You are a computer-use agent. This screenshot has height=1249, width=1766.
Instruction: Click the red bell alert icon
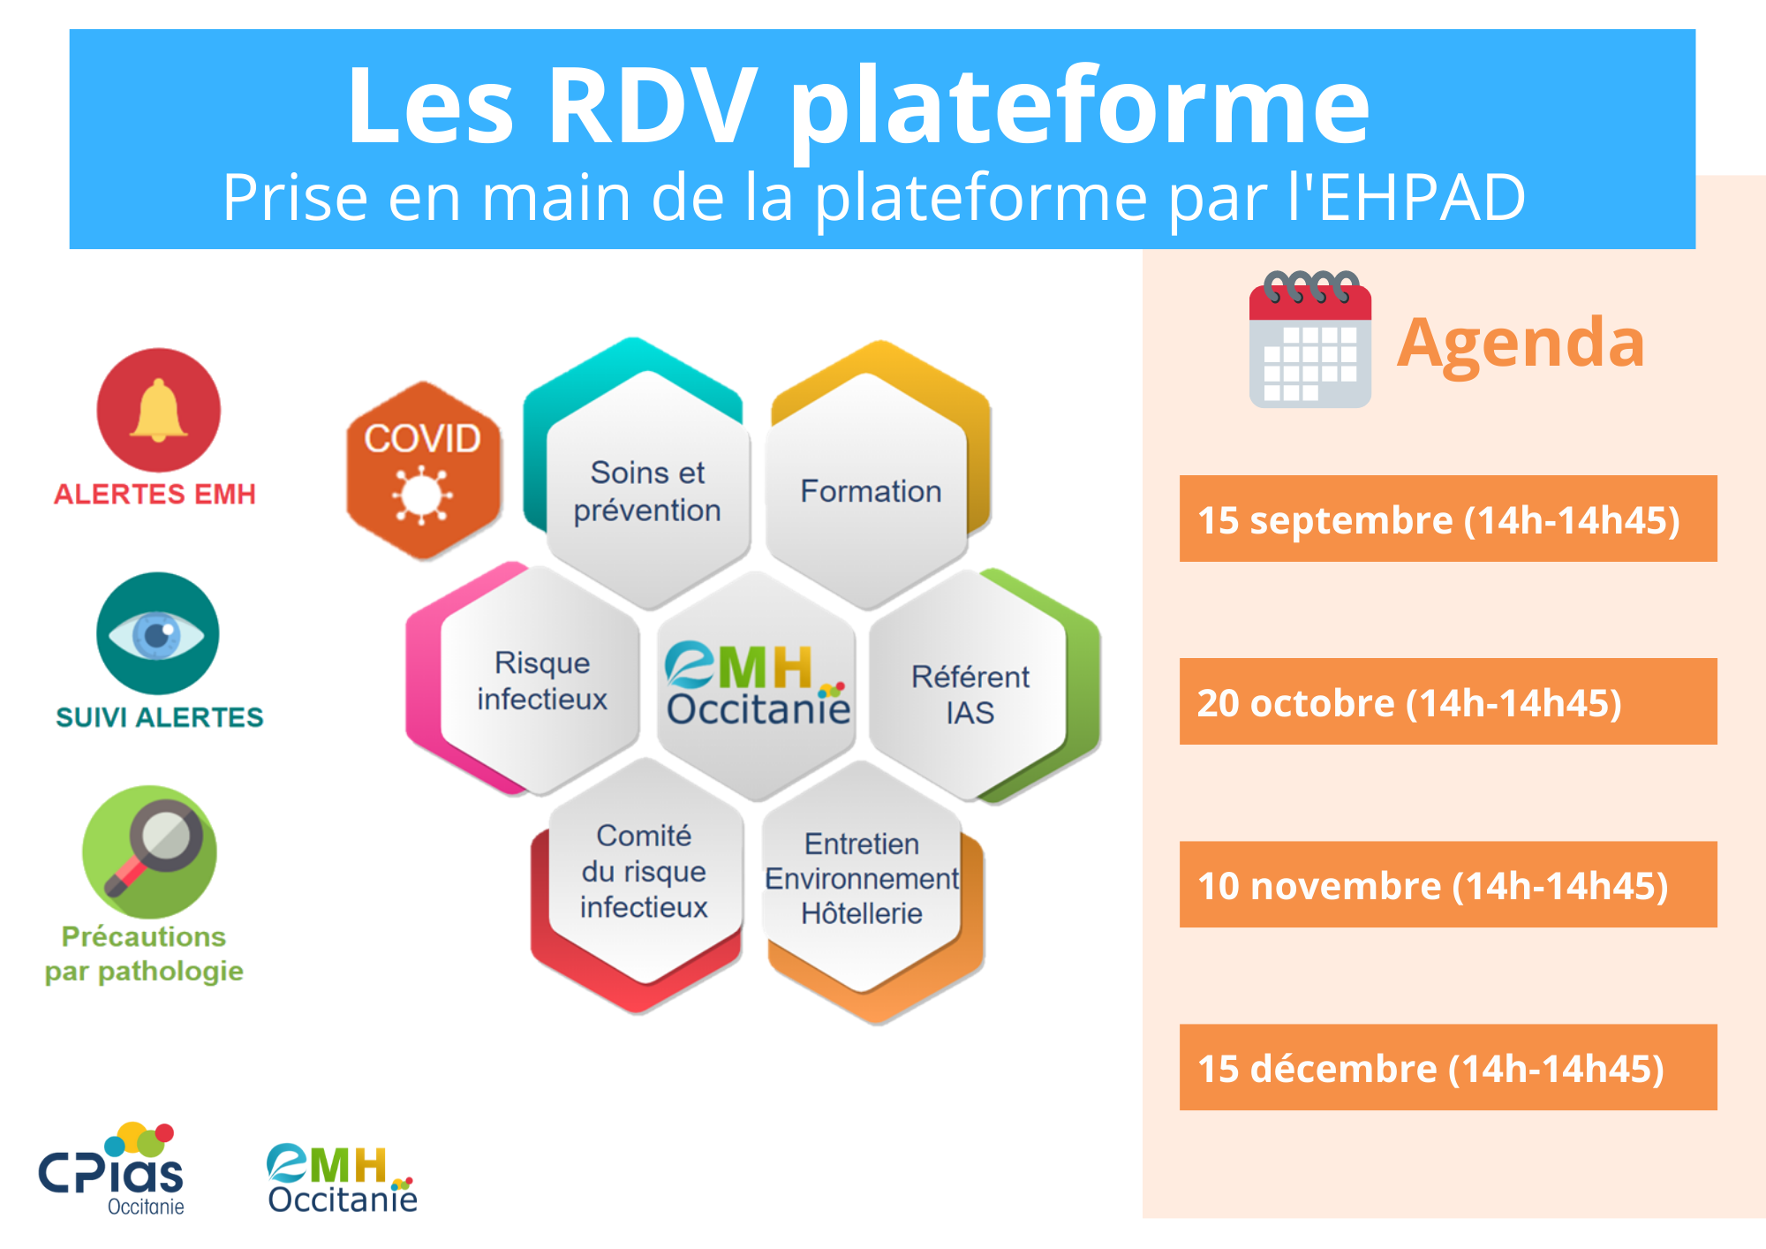[x=158, y=410]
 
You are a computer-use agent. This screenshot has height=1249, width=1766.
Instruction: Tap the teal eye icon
[x=158, y=633]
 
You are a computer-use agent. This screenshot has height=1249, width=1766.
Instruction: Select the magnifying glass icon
[x=149, y=852]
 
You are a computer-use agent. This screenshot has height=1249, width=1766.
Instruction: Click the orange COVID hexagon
[x=423, y=471]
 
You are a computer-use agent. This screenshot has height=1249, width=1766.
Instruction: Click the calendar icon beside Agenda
[x=1310, y=339]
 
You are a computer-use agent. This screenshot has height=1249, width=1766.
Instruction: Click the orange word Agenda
[x=1521, y=344]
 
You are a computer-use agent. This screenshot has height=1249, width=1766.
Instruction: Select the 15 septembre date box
[x=1448, y=519]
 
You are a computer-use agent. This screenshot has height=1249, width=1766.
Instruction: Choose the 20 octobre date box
[x=1448, y=701]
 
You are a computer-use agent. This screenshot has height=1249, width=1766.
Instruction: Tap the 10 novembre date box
[x=1448, y=884]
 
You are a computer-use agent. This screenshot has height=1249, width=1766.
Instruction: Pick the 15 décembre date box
[x=1448, y=1067]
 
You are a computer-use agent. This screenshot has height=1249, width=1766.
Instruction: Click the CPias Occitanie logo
[x=111, y=1170]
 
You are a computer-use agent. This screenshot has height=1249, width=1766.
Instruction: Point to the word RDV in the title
[x=652, y=106]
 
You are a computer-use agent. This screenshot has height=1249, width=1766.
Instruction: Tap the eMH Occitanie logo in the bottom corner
[x=342, y=1178]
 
